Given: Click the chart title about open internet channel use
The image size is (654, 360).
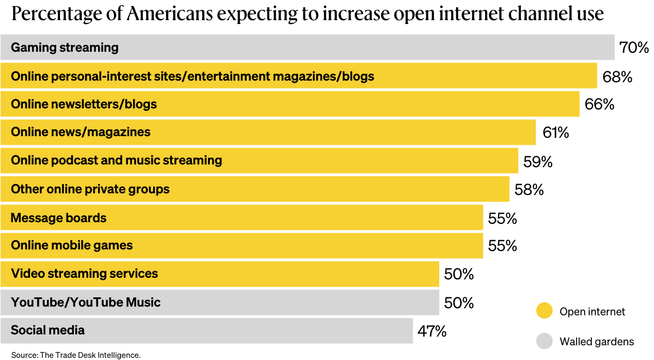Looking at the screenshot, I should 307,14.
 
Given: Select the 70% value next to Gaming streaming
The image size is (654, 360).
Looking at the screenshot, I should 634,48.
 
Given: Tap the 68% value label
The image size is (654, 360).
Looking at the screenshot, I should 617,77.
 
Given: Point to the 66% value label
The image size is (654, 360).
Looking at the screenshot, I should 599,104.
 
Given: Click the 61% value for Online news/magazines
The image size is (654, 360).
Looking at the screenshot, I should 555,132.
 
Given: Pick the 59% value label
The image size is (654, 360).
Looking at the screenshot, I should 537,161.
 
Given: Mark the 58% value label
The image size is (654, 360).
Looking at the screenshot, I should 529,190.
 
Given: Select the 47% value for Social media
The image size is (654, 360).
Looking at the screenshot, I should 432,331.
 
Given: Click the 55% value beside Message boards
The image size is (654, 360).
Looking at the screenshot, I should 502,218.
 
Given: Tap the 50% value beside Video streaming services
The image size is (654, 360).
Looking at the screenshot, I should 458,274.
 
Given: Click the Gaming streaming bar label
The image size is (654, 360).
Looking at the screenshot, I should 64,47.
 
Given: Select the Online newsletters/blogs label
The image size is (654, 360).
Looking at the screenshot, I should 84,104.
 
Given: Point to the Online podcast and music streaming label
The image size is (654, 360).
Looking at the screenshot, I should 117,160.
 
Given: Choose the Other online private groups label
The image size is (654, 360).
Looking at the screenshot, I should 90,189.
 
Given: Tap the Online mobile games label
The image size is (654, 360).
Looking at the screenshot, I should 71,245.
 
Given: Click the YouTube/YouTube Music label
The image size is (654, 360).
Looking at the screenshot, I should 86,302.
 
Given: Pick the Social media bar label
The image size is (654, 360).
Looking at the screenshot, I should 48,330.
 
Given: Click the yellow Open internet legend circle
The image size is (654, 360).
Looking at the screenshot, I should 544,311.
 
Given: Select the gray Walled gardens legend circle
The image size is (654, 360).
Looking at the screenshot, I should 544,341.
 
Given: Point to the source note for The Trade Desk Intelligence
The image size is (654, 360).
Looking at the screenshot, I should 76,355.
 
